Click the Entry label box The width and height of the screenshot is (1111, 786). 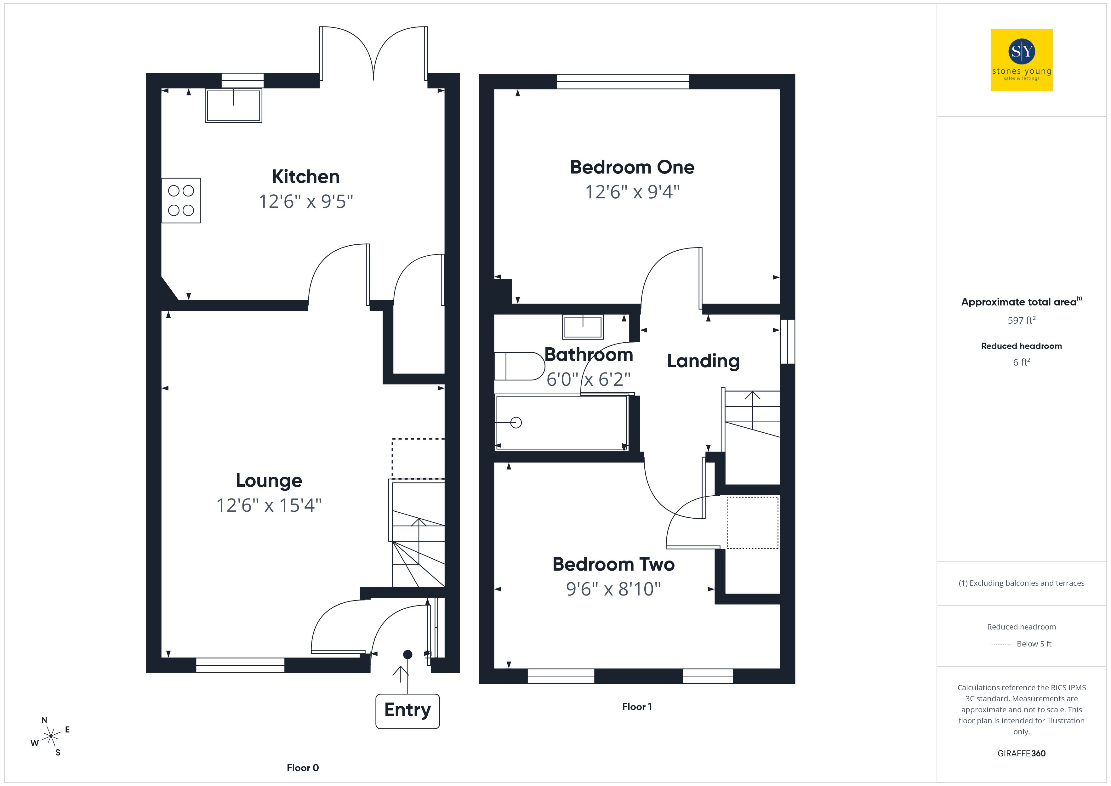[407, 710]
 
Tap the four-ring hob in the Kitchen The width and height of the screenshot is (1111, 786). [181, 200]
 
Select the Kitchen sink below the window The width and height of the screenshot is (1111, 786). [234, 105]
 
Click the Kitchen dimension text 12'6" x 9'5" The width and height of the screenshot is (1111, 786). [306, 201]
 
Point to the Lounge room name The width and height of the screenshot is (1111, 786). [269, 481]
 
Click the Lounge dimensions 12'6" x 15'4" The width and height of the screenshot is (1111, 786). [269, 505]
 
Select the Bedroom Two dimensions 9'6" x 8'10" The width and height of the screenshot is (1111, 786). [613, 589]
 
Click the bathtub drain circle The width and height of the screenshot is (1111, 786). [516, 423]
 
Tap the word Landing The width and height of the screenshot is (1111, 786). [703, 361]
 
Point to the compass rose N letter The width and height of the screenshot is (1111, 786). [44, 720]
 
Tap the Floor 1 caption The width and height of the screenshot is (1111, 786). [637, 707]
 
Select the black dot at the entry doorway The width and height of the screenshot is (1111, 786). [408, 654]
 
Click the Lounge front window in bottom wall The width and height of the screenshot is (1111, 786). [240, 665]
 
